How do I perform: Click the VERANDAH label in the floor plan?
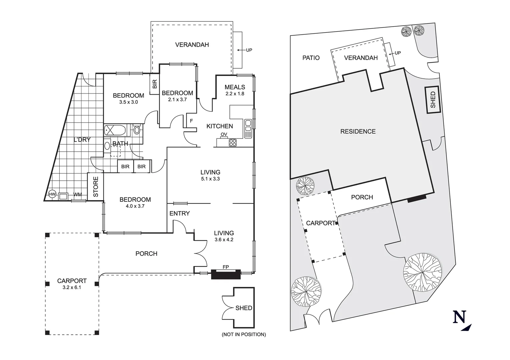(192, 45)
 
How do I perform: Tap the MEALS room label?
(234, 87)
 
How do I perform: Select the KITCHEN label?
(219, 126)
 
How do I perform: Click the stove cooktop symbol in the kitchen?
(233, 143)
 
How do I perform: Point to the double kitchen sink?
(248, 128)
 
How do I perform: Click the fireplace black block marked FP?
(226, 274)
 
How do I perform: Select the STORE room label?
(96, 187)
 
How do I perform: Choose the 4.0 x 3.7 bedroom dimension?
(135, 206)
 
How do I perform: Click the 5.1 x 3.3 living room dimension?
(210, 179)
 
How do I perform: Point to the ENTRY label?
(179, 213)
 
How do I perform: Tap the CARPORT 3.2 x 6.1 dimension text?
(72, 287)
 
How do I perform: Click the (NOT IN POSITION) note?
(244, 334)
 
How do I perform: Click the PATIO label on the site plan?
(311, 58)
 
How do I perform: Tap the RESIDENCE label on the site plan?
(358, 132)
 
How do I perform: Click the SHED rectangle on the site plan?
(433, 100)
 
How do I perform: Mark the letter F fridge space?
(191, 121)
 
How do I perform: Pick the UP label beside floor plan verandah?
(249, 50)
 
